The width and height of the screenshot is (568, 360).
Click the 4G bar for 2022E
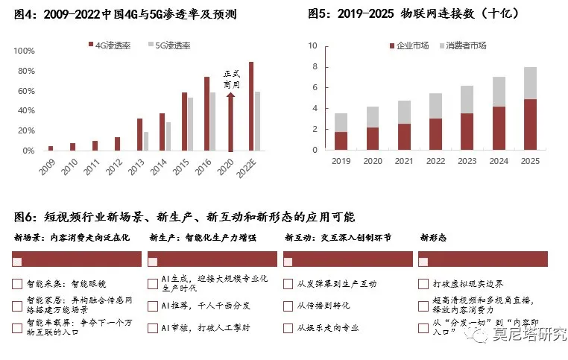[251, 107]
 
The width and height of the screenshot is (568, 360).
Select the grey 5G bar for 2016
[212, 121]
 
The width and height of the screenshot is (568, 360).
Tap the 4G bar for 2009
[51, 148]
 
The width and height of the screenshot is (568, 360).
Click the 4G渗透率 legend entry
[112, 45]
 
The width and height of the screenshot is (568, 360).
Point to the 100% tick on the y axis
[25, 51]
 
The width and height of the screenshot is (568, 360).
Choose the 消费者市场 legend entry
[466, 46]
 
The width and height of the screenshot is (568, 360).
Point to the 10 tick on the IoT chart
[312, 46]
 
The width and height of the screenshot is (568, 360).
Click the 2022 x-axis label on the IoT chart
[435, 160]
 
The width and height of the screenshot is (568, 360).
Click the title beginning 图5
[403, 13]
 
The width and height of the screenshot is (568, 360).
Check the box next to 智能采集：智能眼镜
[17, 284]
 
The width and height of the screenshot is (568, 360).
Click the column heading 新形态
[434, 238]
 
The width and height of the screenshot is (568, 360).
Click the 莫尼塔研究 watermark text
[530, 335]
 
